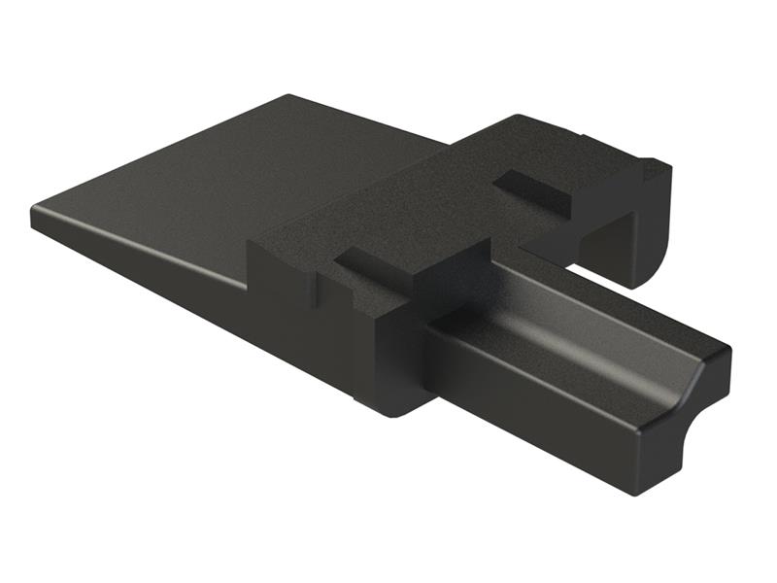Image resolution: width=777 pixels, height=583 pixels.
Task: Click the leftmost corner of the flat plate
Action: pyautogui.click(x=35, y=214)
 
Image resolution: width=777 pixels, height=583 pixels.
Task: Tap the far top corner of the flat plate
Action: pyautogui.click(x=288, y=97)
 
